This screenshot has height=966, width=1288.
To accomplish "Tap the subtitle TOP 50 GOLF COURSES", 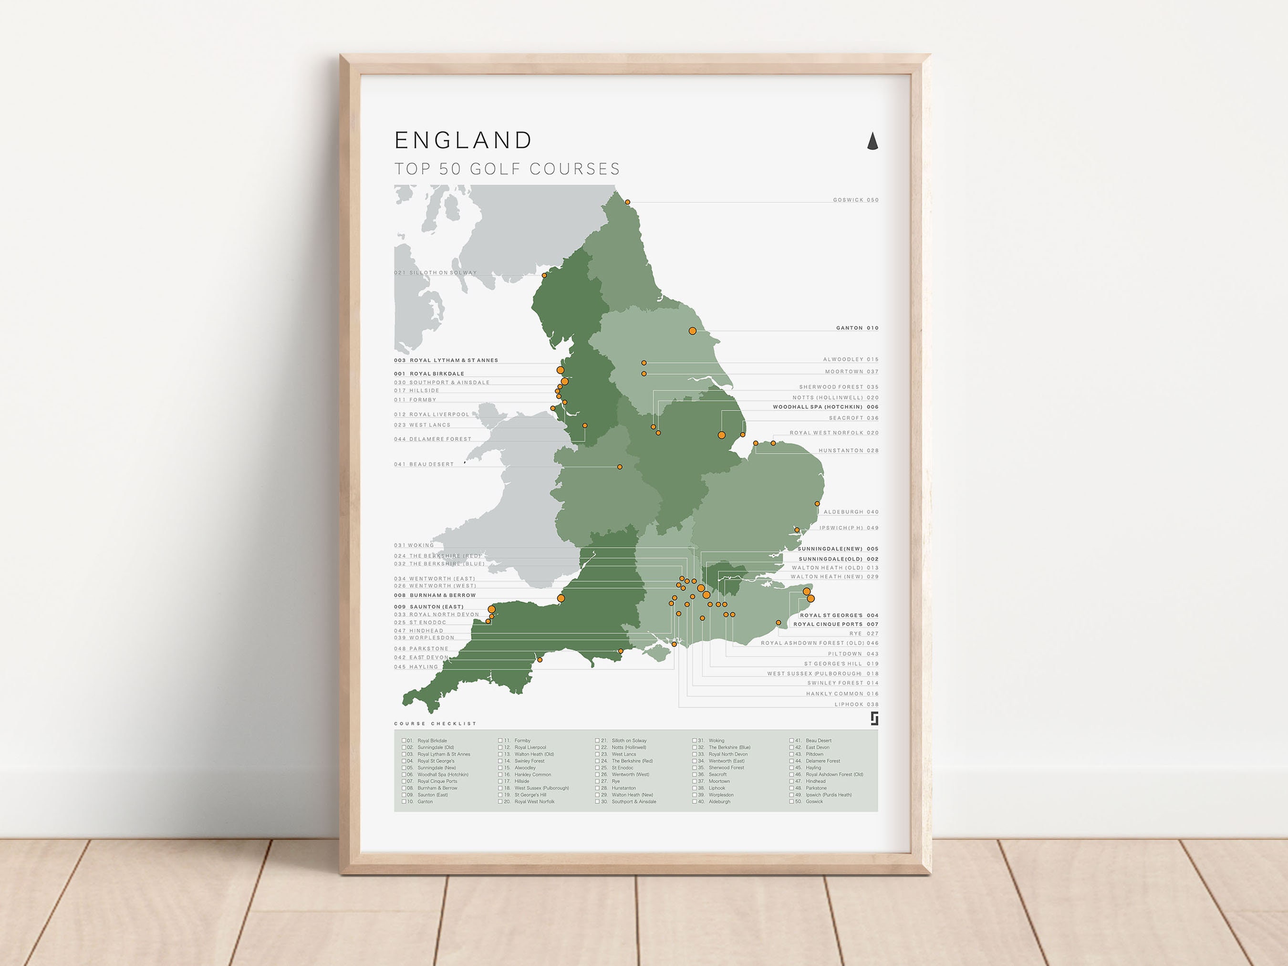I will click(x=507, y=169).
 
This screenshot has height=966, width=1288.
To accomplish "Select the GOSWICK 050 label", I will click(x=855, y=200).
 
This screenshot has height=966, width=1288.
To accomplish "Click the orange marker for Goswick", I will click(x=628, y=203).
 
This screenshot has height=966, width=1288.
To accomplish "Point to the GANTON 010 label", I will click(x=857, y=328).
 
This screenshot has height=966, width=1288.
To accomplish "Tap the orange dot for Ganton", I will click(x=692, y=331).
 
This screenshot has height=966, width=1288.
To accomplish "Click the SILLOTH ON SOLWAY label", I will click(x=436, y=272).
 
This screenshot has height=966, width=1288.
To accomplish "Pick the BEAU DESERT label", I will click(x=424, y=465).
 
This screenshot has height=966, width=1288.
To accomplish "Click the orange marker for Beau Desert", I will click(x=620, y=467).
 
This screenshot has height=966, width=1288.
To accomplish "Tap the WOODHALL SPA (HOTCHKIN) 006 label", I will click(x=825, y=407).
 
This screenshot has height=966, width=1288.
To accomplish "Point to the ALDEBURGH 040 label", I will click(x=851, y=512).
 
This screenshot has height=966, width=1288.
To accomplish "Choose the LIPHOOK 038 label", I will click(x=856, y=705).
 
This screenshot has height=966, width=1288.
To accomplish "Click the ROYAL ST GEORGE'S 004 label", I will click(x=839, y=615).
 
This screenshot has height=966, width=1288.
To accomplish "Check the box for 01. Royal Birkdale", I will click(x=404, y=741).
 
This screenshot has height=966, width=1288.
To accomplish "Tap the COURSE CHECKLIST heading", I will click(x=436, y=724).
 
